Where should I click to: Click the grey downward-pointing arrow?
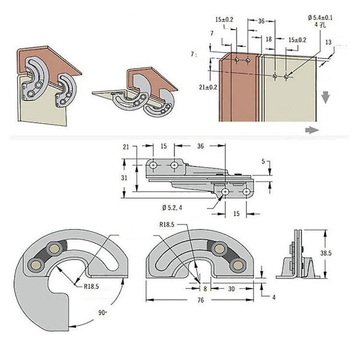325,96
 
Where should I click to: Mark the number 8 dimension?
205,287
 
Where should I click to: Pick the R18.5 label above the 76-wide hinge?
168,224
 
